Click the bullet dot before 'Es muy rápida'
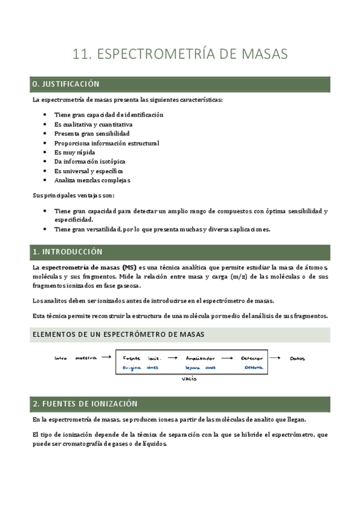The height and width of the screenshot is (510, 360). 46,152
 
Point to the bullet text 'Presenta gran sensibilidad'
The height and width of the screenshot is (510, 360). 91,134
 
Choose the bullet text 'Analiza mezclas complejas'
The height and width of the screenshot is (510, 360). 92,180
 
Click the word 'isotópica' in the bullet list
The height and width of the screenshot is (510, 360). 111,161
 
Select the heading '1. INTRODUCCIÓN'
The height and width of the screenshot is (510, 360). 67,251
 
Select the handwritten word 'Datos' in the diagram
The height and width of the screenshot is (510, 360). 297,358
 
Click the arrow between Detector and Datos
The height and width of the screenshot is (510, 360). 275,358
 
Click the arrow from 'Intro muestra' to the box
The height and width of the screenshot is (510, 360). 106,357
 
